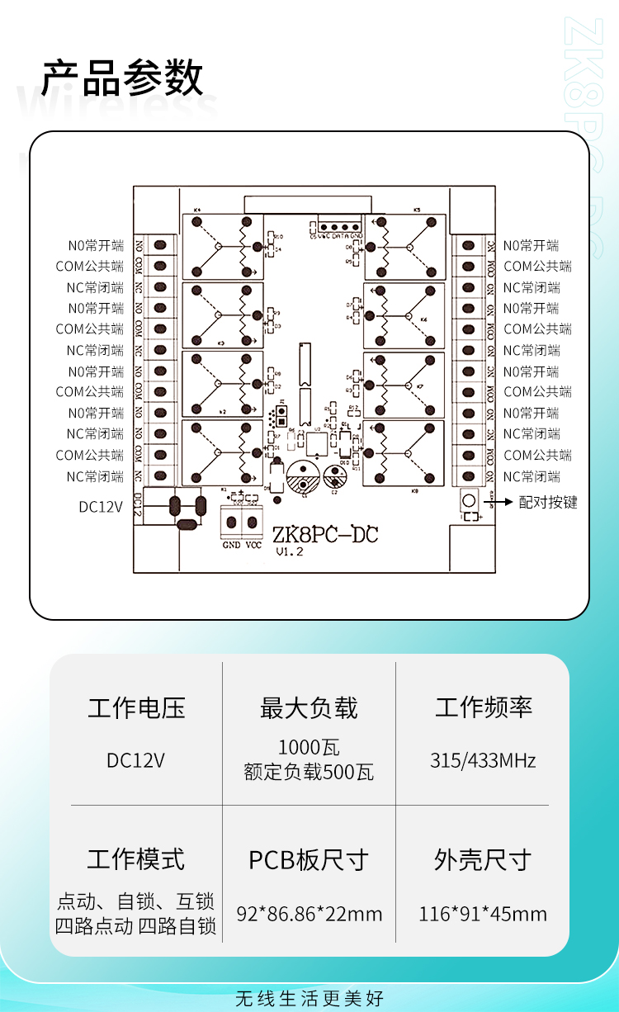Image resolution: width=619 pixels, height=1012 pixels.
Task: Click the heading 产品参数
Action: (x=122, y=79)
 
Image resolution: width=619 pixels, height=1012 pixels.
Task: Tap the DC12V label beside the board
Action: (x=101, y=507)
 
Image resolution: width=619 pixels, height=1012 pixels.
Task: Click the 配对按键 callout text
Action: (x=548, y=502)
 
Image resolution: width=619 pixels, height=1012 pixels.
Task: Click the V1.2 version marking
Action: (x=290, y=552)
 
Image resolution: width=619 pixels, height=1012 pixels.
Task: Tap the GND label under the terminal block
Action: (x=231, y=544)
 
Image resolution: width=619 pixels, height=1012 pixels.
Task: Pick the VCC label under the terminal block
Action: (x=253, y=544)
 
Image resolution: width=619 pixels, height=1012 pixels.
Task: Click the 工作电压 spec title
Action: (x=137, y=708)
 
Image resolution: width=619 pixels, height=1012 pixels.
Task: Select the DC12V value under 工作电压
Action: (x=136, y=760)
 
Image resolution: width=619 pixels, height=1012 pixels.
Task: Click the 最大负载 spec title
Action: (x=309, y=708)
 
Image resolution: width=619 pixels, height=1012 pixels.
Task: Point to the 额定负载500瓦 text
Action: (x=309, y=773)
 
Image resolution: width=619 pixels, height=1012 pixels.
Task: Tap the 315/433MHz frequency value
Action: (x=483, y=760)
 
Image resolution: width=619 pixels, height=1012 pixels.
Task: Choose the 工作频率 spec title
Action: (x=484, y=708)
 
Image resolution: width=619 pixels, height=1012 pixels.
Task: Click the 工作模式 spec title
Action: (x=136, y=859)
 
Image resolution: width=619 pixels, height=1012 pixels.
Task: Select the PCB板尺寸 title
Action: (x=309, y=860)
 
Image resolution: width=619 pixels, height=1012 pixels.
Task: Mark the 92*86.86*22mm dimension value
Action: (x=309, y=914)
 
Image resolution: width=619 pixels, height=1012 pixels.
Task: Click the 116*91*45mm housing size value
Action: (x=483, y=914)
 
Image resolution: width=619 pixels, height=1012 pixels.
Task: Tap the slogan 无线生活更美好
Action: (x=309, y=998)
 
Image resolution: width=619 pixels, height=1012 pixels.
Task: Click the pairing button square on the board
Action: (x=469, y=500)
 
